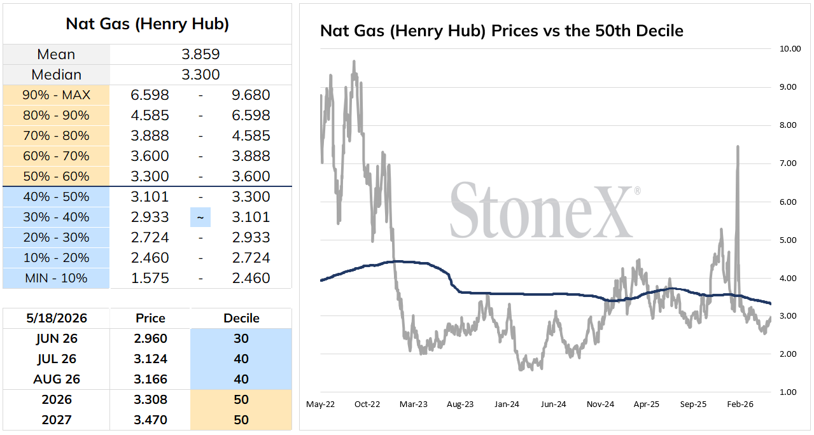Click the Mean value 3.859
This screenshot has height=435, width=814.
200,55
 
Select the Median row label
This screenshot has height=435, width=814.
57,75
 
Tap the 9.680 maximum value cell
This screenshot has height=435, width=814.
251,95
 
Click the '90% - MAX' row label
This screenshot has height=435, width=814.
57,95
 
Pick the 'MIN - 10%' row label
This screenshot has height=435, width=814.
57,278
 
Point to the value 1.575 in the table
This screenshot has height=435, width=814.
150,278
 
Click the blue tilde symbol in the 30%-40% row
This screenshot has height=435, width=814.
200,217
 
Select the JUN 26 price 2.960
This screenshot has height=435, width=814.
150,338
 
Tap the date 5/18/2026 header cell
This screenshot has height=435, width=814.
57,318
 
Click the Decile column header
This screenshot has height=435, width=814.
241,318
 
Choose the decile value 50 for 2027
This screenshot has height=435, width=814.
241,420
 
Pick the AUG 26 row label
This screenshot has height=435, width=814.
57,379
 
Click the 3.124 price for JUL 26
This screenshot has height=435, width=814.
150,359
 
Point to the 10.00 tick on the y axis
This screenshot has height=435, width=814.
790,49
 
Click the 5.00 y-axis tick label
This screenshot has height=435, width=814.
788,240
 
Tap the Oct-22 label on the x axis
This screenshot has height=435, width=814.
367,404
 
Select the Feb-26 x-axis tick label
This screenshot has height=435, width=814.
740,404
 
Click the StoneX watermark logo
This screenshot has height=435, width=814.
544,210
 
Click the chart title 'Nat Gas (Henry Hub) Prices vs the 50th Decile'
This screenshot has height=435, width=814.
502,31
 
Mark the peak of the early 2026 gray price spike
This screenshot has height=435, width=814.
738,146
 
